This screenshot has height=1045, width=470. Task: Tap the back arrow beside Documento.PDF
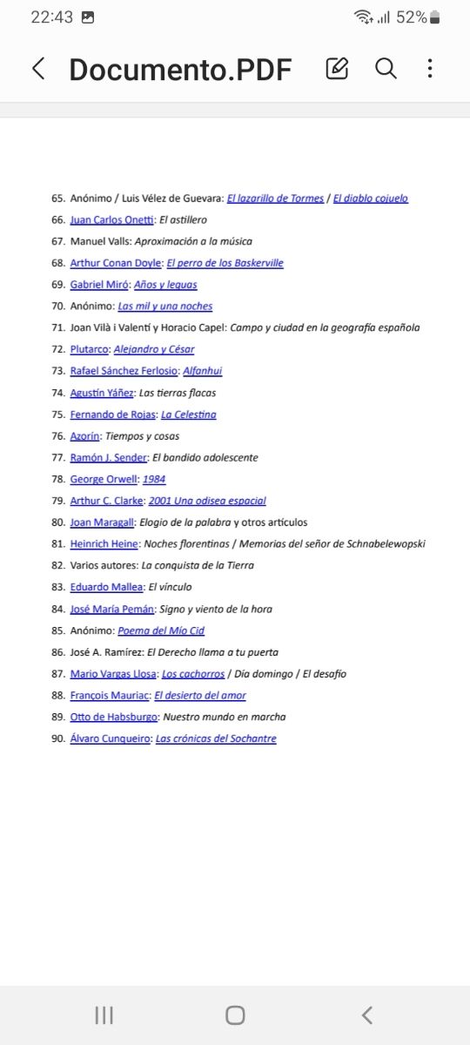[x=38, y=70]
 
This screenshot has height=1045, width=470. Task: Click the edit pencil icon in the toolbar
[x=337, y=69]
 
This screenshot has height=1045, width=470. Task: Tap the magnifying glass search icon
[x=386, y=69]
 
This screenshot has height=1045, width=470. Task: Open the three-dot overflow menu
[x=430, y=69]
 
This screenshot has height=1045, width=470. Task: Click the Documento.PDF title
[x=180, y=70]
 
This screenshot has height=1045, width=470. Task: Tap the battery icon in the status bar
[x=435, y=17]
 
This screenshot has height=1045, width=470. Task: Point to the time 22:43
[x=52, y=17]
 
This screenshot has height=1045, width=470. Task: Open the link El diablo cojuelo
[x=370, y=199]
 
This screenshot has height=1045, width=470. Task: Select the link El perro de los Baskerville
[x=225, y=263]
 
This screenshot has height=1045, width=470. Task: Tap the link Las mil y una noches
[x=164, y=307]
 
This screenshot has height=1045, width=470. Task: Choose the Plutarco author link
[x=90, y=349]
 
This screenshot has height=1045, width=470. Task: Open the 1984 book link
[x=155, y=479]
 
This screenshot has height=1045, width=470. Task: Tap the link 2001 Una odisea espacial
[x=207, y=501]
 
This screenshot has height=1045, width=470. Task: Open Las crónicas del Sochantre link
[x=216, y=738]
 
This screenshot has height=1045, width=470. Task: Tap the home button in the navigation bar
[x=235, y=1015]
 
